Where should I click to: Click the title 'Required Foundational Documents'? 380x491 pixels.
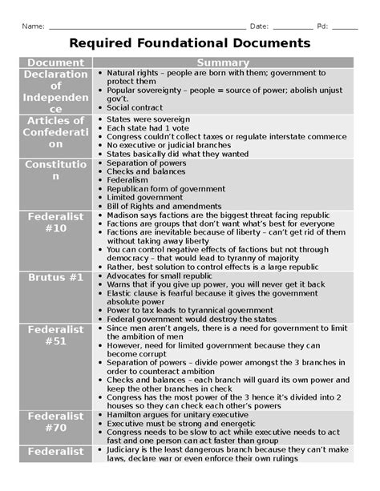coord(189,42)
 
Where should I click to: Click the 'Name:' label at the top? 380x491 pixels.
coord(33,26)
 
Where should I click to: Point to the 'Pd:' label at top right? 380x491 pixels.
coord(322,26)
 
